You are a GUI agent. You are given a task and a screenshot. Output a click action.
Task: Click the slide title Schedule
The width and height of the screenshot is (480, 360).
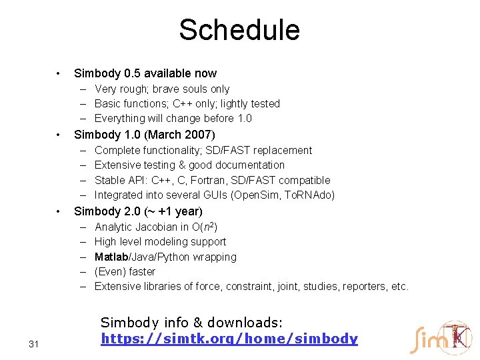(x=239, y=30)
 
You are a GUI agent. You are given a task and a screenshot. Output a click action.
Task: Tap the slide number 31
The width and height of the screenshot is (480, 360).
(x=35, y=344)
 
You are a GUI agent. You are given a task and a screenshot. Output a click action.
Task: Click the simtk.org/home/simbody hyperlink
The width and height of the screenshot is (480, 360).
(x=229, y=339)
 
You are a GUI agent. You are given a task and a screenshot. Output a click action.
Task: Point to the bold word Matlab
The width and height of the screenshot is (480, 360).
(x=114, y=257)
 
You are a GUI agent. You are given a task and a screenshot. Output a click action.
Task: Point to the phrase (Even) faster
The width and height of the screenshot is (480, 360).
(x=125, y=271)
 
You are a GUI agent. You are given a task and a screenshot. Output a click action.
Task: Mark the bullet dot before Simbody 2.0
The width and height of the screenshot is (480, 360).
(x=60, y=212)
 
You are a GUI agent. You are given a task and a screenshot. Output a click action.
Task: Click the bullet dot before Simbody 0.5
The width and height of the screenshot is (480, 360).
(x=60, y=73)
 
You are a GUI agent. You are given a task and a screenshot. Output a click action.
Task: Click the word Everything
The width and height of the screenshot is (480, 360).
(x=120, y=118)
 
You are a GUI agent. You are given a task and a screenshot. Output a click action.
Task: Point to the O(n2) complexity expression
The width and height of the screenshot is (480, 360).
(x=204, y=227)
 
